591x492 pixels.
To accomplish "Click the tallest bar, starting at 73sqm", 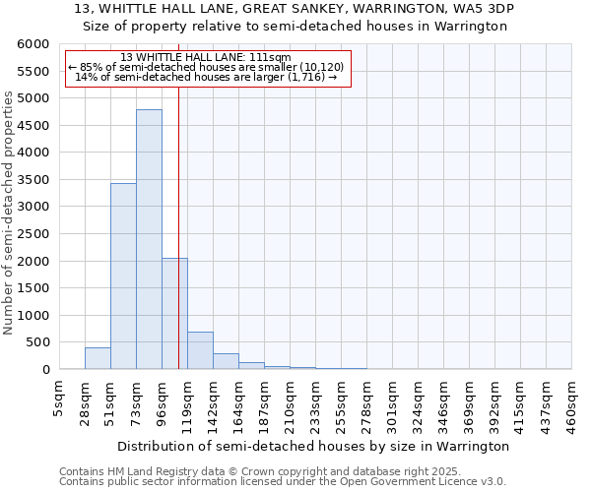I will coord(149,239).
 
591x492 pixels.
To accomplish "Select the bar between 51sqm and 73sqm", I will coord(123,276).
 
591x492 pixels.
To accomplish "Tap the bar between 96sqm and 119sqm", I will coord(174,313).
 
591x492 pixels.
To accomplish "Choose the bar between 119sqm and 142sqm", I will coord(200,350).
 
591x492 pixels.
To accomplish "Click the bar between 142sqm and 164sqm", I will coord(226,361).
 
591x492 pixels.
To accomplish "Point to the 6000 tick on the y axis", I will coord(33,44).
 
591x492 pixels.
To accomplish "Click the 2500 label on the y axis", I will coord(33,234).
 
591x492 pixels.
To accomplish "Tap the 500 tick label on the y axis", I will coord(37,342).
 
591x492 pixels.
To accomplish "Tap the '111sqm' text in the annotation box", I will coord(271,57).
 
